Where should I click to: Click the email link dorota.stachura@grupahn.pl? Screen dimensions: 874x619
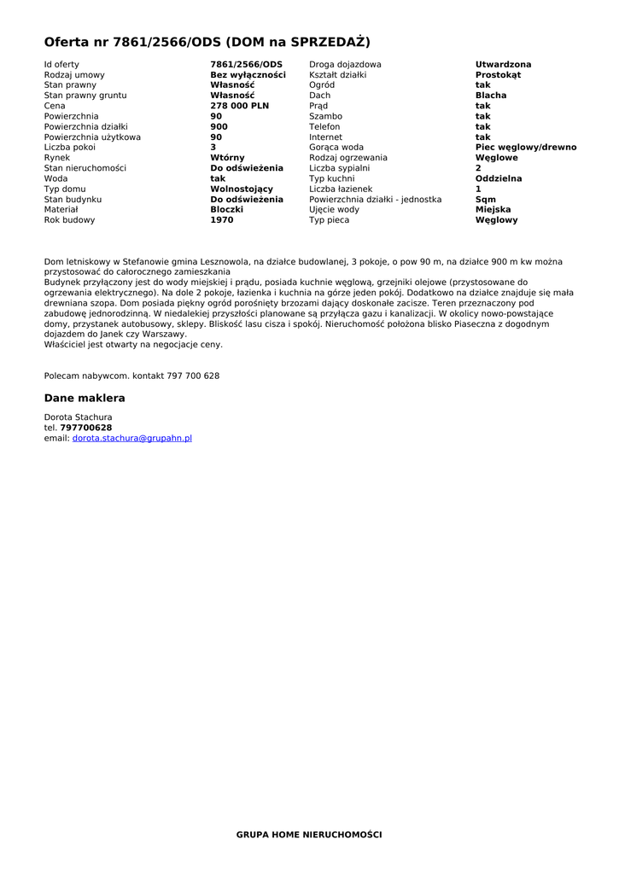(x=131, y=438)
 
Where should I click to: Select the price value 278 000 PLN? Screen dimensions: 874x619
(x=239, y=106)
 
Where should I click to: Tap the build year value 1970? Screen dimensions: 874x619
(x=221, y=220)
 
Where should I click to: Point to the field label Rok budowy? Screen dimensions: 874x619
(x=70, y=220)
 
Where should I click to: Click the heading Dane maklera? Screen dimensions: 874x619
(x=85, y=398)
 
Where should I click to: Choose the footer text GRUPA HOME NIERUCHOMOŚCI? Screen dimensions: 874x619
(x=309, y=834)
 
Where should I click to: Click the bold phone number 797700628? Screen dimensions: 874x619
(x=85, y=428)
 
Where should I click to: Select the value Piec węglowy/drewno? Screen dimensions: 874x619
(x=525, y=148)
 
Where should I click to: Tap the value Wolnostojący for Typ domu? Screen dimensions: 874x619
(x=242, y=189)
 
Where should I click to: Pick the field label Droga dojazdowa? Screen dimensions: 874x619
(x=345, y=65)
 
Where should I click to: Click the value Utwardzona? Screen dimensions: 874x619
(x=503, y=65)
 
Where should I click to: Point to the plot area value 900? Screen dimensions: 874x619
(x=219, y=126)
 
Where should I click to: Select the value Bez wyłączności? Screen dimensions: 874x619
(x=248, y=75)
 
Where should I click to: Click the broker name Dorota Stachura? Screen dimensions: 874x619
(x=78, y=417)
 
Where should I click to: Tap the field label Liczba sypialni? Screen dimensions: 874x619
(x=339, y=168)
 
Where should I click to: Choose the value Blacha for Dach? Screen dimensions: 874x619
(x=490, y=96)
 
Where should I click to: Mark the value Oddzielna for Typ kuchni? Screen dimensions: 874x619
(x=498, y=178)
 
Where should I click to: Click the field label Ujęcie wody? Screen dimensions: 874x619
(x=334, y=210)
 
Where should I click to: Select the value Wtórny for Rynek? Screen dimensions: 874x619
(x=227, y=158)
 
